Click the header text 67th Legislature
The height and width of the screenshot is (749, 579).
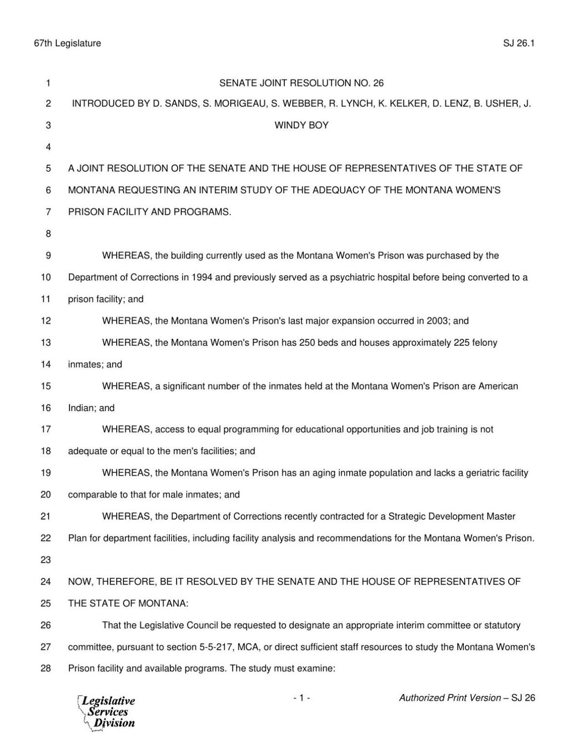pos(67,43)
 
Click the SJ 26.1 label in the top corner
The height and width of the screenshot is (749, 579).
pos(519,43)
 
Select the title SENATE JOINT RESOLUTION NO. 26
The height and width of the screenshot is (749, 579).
pos(301,83)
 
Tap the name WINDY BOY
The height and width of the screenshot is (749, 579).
pos(301,125)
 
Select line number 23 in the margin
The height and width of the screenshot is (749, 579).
pos(45,560)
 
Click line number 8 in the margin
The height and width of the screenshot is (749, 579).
pos(48,234)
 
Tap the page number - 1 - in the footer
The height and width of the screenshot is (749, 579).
pos(301,698)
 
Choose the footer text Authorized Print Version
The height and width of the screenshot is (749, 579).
pos(450,698)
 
